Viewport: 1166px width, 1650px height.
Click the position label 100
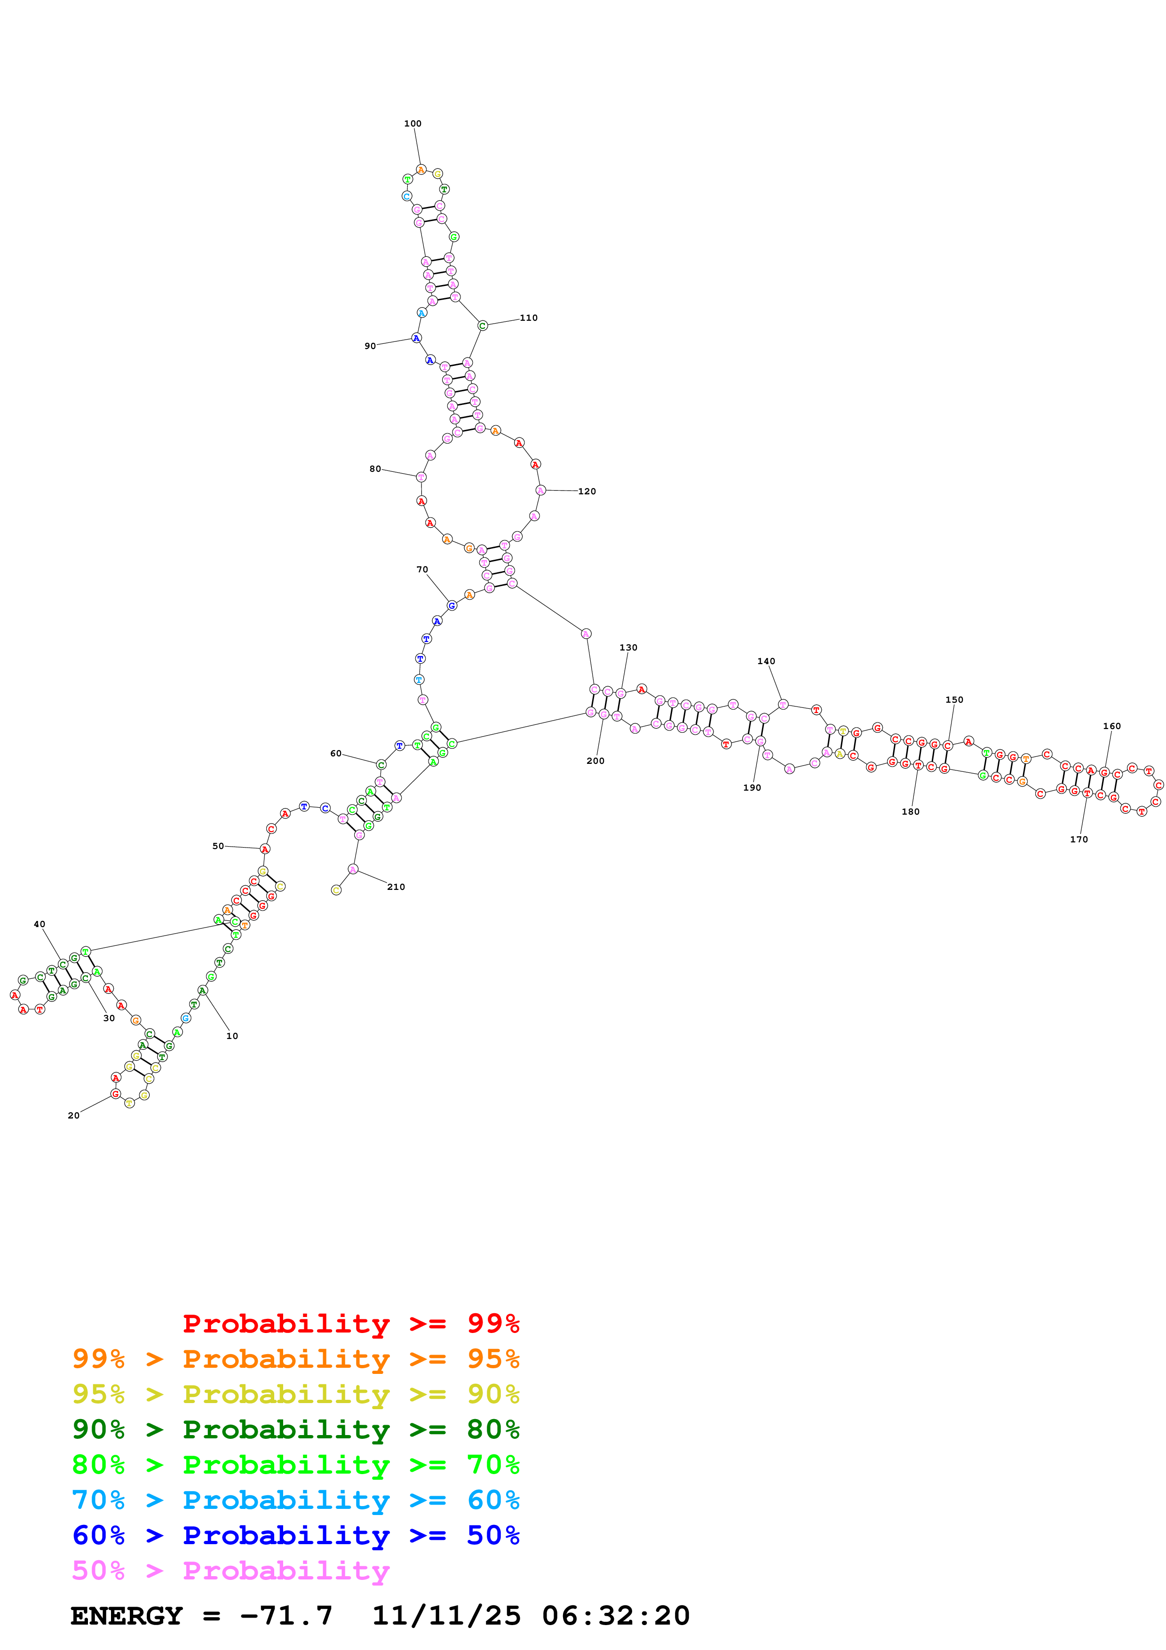pos(412,124)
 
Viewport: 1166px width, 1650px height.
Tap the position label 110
pos(529,317)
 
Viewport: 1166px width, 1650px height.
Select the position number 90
pos(370,346)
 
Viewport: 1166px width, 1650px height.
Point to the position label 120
pos(587,492)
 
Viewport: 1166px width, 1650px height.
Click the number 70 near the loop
pos(422,569)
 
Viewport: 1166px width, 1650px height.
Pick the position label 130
pos(628,648)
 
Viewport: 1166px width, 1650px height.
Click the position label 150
pos(954,699)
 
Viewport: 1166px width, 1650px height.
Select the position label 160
pos(1111,726)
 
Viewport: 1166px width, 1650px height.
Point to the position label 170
pos(1079,840)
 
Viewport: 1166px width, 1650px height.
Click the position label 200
pos(595,761)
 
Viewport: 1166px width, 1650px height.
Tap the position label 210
pos(396,887)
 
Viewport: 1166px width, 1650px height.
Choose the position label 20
pos(73,1115)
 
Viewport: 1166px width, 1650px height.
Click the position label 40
pos(40,924)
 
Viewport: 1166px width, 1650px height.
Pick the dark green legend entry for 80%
pos(295,1429)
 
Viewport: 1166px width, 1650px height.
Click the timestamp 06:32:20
pos(616,1616)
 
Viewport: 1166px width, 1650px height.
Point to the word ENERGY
pos(127,1616)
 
